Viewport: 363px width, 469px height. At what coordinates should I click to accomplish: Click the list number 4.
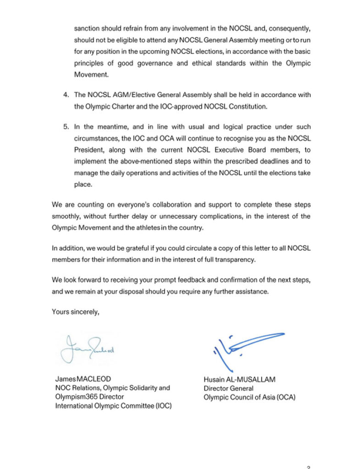(65, 95)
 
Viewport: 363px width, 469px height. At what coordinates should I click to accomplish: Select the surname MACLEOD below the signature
(97, 379)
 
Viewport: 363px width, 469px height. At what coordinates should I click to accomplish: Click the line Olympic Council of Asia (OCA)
(249, 397)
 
